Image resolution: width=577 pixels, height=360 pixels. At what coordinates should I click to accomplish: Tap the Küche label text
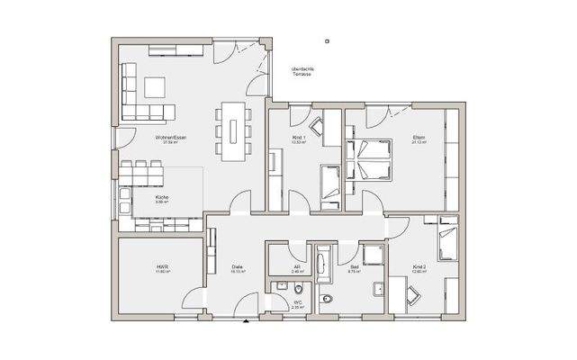pos(162,199)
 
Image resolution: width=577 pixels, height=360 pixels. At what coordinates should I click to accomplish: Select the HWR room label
pos(162,267)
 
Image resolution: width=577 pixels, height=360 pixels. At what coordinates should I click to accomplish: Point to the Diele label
pos(238,267)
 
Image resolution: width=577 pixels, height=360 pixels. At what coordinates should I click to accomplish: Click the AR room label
pos(297,267)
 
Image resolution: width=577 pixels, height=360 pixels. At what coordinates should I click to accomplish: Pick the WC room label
pos(297,303)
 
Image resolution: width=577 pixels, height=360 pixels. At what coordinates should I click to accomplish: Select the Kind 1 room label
pos(299,138)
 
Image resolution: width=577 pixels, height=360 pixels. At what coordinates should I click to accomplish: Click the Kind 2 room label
pos(419,267)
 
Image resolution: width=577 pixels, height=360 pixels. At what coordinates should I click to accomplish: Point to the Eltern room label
pos(419,138)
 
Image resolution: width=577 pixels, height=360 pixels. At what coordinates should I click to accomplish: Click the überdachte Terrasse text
pos(303,71)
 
